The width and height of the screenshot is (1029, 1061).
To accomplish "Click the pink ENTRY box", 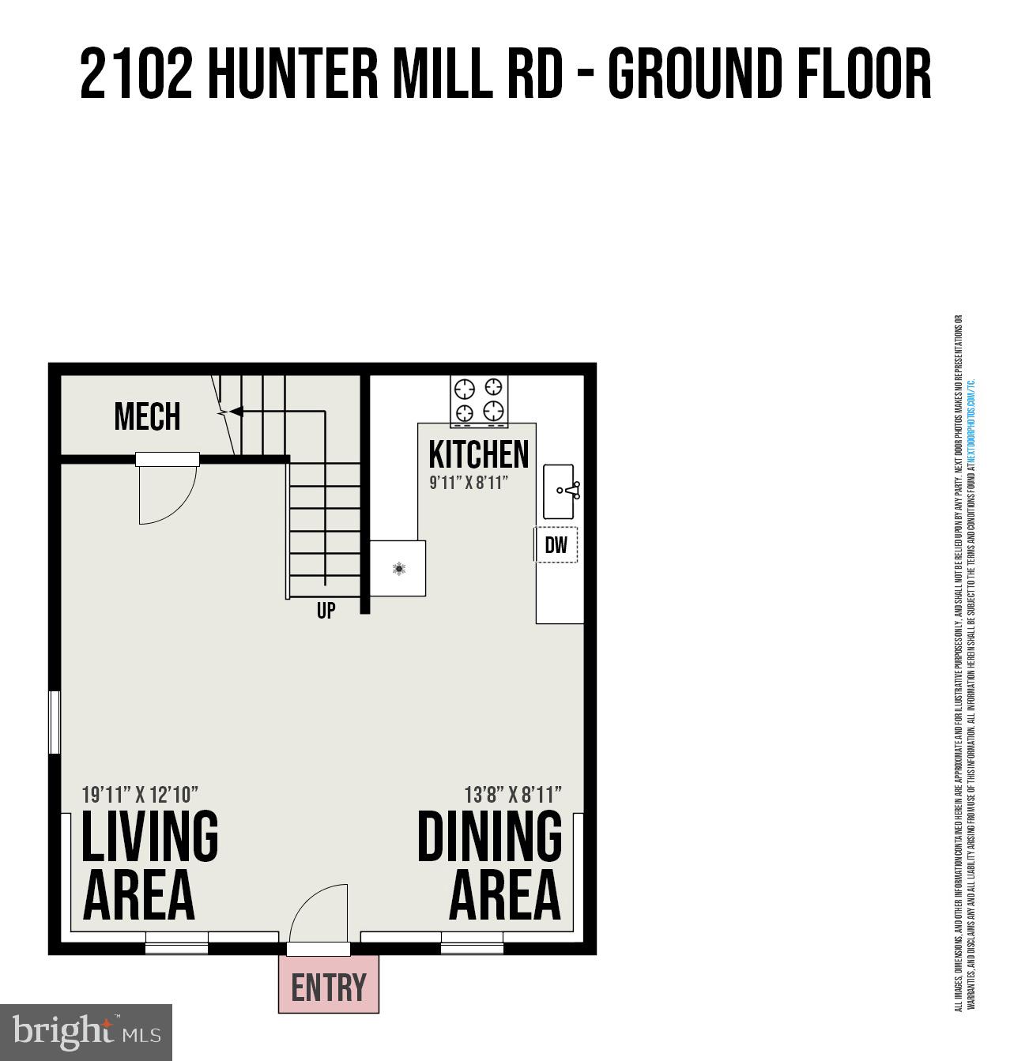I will [x=329, y=985].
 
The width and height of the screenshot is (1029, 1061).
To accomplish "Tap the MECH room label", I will [x=147, y=417].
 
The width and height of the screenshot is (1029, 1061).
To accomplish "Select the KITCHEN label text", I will [x=478, y=454].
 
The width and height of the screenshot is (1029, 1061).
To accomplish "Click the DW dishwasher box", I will [x=556, y=545].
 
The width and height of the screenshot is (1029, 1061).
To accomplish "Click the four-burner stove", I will [x=479, y=400].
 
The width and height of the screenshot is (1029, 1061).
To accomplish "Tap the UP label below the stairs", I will [x=326, y=611].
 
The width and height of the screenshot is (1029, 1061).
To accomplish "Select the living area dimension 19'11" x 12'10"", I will [x=140, y=794].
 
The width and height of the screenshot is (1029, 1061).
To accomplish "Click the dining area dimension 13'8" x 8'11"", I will [x=513, y=794].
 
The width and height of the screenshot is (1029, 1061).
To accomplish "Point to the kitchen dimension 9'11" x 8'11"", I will [x=467, y=483].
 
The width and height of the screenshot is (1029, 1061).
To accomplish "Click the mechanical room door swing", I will [x=167, y=495].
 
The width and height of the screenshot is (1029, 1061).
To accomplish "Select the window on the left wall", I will [x=55, y=722].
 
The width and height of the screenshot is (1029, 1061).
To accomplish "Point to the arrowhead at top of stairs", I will [x=234, y=411].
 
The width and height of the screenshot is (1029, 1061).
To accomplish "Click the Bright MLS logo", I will [x=86, y=1033].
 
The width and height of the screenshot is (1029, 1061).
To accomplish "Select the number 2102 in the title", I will [x=136, y=74].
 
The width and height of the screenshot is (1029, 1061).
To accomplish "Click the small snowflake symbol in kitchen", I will [x=400, y=568].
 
